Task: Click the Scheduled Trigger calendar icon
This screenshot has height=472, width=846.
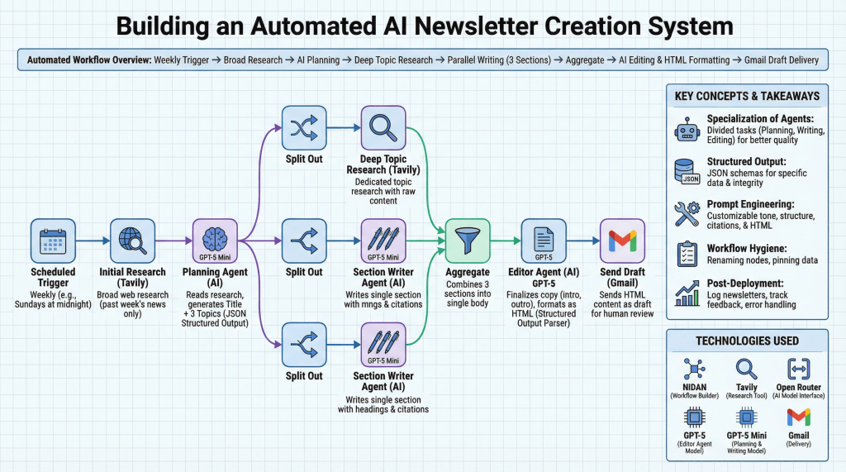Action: [53, 241]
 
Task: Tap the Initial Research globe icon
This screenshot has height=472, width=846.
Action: [132, 241]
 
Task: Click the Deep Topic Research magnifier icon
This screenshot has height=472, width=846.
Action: [383, 128]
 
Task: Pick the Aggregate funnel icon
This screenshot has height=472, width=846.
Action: [468, 241]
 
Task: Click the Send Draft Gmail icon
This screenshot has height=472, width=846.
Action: [622, 241]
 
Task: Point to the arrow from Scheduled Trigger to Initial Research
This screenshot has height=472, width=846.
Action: [93, 241]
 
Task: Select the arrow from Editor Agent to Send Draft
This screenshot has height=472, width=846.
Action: [582, 241]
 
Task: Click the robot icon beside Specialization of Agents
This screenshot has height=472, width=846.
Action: [687, 131]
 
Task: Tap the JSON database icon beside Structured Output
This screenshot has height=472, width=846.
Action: [687, 171]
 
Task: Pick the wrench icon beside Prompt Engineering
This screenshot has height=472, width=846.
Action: [687, 212]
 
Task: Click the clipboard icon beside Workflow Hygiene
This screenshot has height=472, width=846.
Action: [687, 254]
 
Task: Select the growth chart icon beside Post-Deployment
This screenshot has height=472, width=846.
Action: [687, 292]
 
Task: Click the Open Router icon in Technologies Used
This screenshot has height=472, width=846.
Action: [798, 369]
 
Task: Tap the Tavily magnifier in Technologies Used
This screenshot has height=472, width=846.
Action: [746, 369]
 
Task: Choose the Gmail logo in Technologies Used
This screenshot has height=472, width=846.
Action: [798, 417]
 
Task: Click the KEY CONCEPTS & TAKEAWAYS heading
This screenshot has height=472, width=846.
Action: [747, 96]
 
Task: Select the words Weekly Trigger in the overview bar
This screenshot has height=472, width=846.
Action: [183, 60]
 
